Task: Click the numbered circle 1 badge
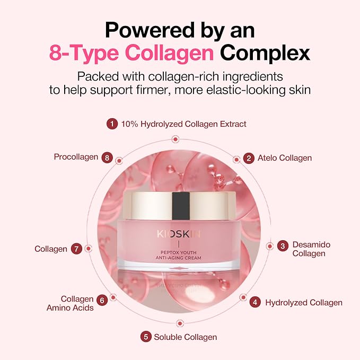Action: (x=112, y=124)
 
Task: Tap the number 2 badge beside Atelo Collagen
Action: (x=249, y=158)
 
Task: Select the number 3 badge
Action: (x=283, y=246)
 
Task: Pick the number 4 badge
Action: (x=255, y=302)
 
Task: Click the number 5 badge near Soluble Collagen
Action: (x=146, y=337)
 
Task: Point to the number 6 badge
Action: (x=102, y=300)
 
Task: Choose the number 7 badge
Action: (x=76, y=249)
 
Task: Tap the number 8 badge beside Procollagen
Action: (x=107, y=157)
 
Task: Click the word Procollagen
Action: (x=76, y=157)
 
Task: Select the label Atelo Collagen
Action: (x=285, y=158)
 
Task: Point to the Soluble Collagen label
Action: (x=186, y=337)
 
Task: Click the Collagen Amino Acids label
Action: (x=70, y=303)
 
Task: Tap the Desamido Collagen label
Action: (x=311, y=249)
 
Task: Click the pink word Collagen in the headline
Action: (x=170, y=53)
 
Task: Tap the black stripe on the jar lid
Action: (x=181, y=206)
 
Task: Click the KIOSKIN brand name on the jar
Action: (x=179, y=234)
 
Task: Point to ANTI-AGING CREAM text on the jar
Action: (x=178, y=258)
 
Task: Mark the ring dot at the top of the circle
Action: (x=175, y=139)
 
